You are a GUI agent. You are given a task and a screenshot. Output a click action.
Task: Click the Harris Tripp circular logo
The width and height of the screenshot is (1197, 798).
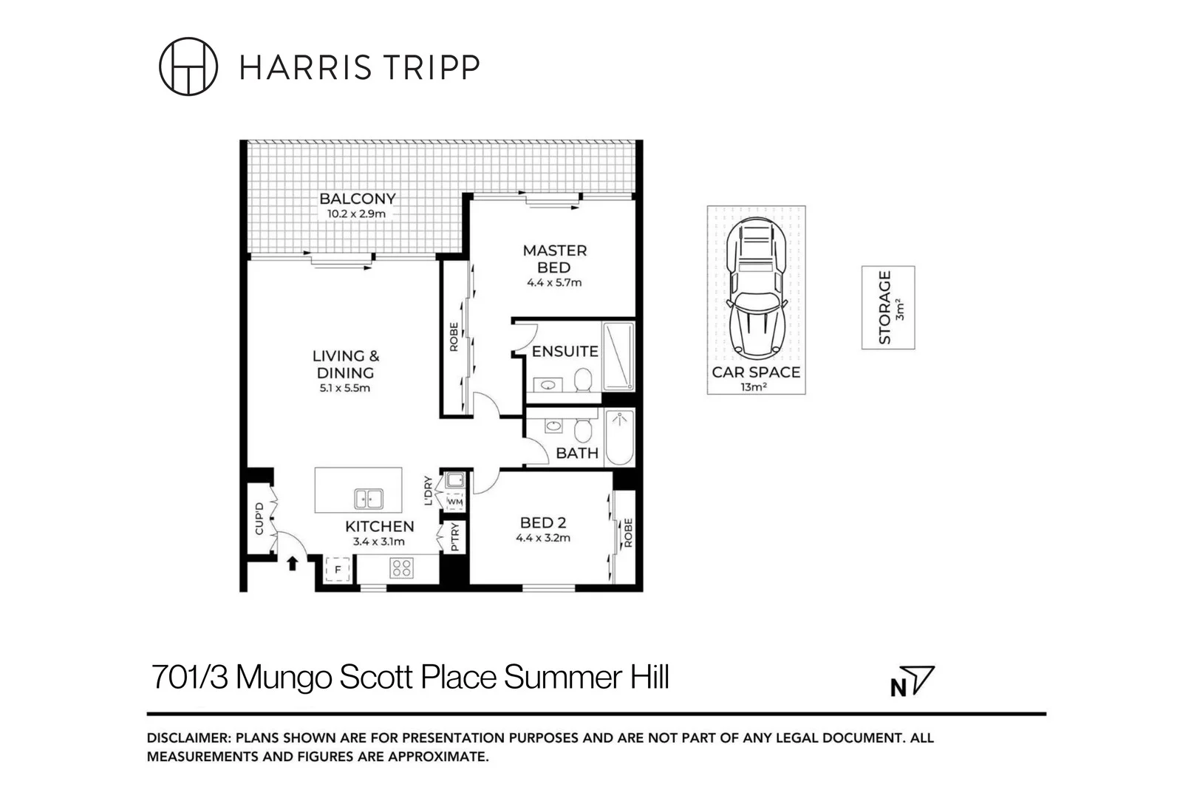(188, 66)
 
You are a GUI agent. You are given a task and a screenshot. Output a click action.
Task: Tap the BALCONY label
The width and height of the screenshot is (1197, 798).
(357, 199)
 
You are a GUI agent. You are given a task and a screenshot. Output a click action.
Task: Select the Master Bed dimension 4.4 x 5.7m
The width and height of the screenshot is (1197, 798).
(554, 282)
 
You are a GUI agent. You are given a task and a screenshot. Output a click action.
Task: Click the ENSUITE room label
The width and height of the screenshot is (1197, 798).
(565, 352)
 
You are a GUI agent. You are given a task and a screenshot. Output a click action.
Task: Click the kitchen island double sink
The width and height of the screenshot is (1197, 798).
(368, 499)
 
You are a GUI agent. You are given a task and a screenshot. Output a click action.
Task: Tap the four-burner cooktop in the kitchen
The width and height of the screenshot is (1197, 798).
(401, 568)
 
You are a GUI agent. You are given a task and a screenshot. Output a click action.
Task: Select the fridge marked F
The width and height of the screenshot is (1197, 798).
(338, 570)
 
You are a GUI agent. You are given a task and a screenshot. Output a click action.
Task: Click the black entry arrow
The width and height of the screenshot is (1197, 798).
(293, 564)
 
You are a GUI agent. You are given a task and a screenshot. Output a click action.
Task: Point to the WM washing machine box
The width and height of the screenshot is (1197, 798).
(455, 502)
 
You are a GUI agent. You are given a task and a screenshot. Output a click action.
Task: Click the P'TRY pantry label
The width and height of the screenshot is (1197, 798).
(455, 537)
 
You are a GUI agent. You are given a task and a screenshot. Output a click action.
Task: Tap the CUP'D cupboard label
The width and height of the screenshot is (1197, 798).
(259, 519)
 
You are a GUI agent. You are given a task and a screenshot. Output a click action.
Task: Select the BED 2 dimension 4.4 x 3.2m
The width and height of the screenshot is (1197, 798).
(543, 538)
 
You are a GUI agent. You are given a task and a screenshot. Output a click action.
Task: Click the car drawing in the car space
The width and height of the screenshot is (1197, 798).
(755, 288)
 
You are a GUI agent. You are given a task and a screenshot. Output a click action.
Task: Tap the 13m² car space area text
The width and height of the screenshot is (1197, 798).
(753, 386)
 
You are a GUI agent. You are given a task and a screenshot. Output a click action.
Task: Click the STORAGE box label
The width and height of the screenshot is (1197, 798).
(885, 307)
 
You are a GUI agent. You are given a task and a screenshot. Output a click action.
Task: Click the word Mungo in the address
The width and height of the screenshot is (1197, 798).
(284, 678)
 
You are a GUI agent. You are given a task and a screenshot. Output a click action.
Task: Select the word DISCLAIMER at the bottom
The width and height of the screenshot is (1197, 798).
(188, 737)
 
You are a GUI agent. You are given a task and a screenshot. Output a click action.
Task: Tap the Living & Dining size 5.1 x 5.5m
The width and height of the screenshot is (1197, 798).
(345, 388)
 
